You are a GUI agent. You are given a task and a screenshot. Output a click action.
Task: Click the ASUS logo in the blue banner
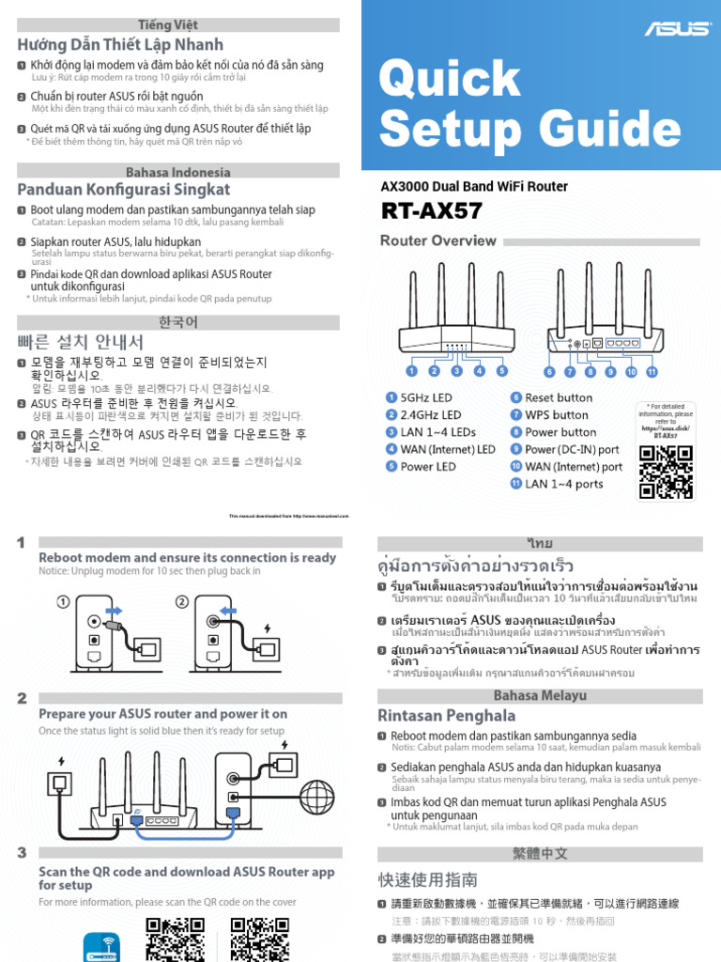[676, 28]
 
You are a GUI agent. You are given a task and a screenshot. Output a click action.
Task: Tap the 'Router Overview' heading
[437, 240]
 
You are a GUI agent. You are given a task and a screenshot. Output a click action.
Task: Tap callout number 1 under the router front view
[411, 371]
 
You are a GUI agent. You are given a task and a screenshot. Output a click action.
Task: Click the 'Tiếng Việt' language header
[168, 24]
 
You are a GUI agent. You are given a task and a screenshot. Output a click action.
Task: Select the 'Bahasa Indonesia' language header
[177, 172]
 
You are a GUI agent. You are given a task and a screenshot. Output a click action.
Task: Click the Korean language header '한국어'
[177, 322]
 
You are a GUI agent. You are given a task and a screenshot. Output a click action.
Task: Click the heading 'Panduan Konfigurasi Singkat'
[124, 191]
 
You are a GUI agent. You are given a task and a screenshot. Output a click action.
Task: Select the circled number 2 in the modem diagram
[181, 601]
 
